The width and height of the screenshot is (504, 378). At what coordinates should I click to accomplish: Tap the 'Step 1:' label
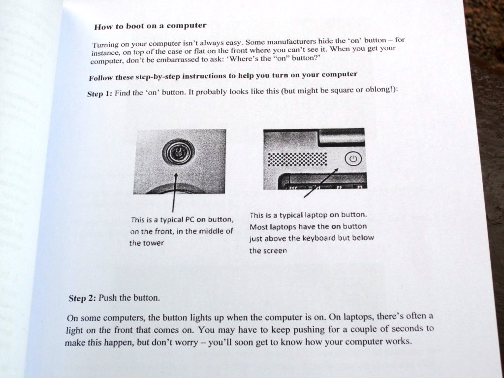click(x=99, y=94)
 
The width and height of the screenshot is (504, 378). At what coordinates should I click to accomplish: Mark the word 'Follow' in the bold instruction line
click(x=101, y=78)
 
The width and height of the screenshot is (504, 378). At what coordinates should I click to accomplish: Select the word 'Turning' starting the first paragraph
click(x=106, y=45)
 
